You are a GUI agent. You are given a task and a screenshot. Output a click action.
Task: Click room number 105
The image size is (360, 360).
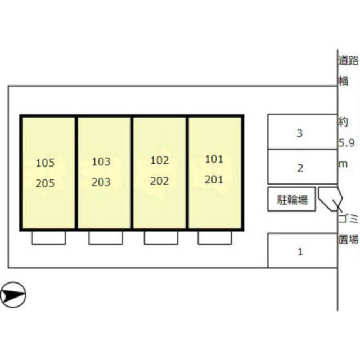tap(45, 163)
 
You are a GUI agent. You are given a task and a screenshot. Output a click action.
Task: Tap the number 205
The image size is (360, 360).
tap(45, 183)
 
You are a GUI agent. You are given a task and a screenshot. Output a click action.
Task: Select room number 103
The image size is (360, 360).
tap(101, 161)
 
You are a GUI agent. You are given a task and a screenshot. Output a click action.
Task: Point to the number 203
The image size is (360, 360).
tap(101, 182)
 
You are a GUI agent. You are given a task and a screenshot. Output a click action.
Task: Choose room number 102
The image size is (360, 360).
tap(160, 160)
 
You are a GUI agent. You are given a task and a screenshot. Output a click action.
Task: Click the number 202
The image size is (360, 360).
tap(160, 181)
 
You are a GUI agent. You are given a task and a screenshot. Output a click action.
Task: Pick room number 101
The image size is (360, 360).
tap(214, 159)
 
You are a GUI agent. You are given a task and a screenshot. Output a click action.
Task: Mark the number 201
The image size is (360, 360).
tap(214, 179)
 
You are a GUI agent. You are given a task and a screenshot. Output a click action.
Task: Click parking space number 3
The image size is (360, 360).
tap(300, 133)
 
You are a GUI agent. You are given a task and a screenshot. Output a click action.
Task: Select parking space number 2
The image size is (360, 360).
tap(300, 168)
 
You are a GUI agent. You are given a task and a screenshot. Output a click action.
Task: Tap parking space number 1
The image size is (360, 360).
tap(300, 252)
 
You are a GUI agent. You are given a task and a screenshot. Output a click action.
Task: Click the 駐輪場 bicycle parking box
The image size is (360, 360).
tap(291, 199)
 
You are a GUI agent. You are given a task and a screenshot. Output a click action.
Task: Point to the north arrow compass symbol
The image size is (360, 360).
tap(13, 295)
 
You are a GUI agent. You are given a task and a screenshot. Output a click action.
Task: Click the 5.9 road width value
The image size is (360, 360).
tap(346, 143)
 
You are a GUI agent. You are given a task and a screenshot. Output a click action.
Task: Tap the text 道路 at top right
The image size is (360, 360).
tap(348, 60)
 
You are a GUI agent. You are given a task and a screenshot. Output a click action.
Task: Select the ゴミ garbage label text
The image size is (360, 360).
tap(348, 218)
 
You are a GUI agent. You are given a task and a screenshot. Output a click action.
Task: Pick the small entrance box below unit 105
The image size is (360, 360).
tap(48, 237)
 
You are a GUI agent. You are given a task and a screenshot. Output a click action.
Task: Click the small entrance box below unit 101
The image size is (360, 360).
tap(215, 237)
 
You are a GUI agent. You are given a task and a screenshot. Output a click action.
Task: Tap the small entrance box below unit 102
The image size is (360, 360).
tap(161, 237)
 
